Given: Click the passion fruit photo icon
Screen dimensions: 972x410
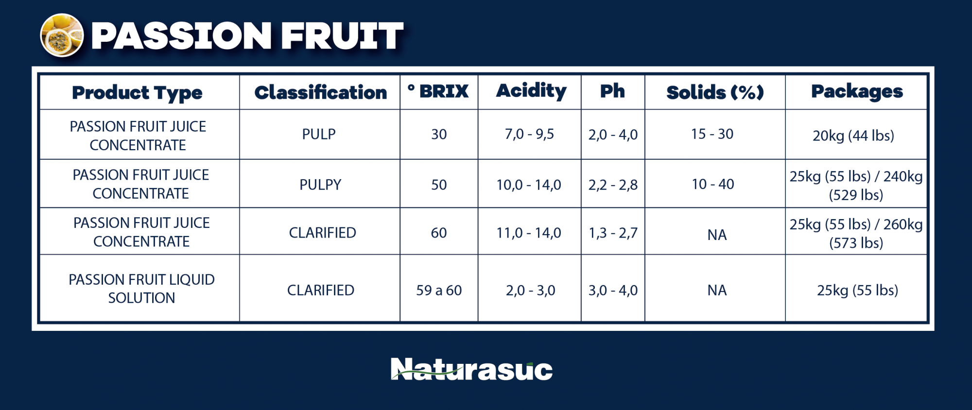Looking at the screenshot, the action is click(x=62, y=35).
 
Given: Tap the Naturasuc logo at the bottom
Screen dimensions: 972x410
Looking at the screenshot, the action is click(x=471, y=369).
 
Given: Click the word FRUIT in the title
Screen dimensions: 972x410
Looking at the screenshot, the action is click(x=342, y=35).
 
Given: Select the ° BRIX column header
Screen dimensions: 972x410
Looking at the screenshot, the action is click(x=438, y=91).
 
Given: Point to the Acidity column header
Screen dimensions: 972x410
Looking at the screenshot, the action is click(x=531, y=91).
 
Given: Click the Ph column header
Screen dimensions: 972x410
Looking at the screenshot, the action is click(x=612, y=91).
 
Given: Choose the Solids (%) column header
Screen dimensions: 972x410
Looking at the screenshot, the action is click(x=715, y=92).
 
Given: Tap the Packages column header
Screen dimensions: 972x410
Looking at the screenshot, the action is click(x=857, y=91).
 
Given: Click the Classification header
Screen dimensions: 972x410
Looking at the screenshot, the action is click(x=321, y=92).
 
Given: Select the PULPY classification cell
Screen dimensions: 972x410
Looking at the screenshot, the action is click(x=320, y=185).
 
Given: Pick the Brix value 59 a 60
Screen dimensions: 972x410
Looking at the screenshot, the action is click(x=439, y=290).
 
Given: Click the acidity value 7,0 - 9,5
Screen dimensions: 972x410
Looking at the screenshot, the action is click(x=529, y=134).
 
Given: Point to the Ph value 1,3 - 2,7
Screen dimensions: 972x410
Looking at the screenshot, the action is click(x=613, y=233).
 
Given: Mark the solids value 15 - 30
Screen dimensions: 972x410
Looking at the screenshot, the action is click(x=712, y=134).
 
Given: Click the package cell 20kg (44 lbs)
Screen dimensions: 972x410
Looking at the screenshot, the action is click(x=853, y=136).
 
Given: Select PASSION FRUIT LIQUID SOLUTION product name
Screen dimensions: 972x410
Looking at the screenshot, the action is click(x=141, y=289).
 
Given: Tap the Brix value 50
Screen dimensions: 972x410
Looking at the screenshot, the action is click(x=439, y=185).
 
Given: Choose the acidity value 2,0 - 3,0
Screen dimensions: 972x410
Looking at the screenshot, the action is click(x=530, y=290).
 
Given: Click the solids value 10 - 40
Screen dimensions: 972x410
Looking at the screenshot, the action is click(x=713, y=184).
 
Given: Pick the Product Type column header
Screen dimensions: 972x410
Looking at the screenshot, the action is click(x=137, y=93).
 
